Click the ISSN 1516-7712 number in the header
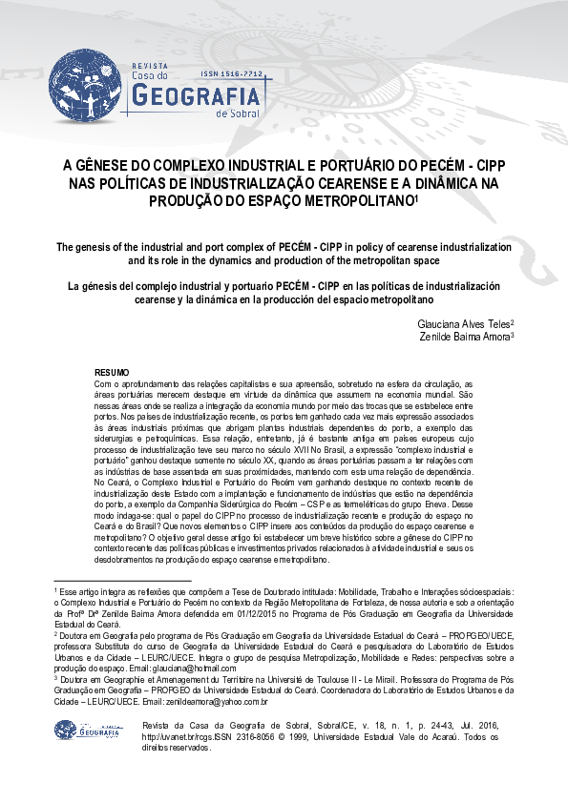232,73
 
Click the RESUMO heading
112,371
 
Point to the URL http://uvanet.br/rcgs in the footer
176,736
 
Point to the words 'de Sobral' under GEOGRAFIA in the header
238,113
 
